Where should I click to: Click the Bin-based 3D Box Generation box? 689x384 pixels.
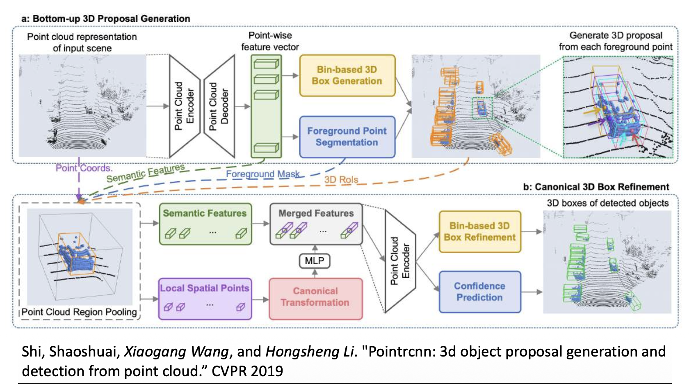pyautogui.click(x=347, y=75)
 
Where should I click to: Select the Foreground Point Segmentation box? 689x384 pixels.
pyautogui.click(x=347, y=137)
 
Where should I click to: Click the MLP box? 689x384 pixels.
pyautogui.click(x=315, y=261)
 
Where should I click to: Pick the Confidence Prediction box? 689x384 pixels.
pyautogui.click(x=479, y=292)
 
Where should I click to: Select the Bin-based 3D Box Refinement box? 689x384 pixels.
pyautogui.click(x=479, y=231)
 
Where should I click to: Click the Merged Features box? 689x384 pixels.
pyautogui.click(x=316, y=224)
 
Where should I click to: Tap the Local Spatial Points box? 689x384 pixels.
pyautogui.click(x=205, y=298)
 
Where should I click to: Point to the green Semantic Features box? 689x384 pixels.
pyautogui.click(x=205, y=224)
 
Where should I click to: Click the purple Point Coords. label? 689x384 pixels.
pyautogui.click(x=84, y=168)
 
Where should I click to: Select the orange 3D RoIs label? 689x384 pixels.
pyautogui.click(x=341, y=180)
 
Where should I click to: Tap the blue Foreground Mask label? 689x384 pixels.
pyautogui.click(x=262, y=174)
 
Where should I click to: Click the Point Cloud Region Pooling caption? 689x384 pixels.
pyautogui.click(x=79, y=312)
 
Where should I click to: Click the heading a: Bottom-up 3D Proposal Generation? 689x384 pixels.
pyautogui.click(x=106, y=18)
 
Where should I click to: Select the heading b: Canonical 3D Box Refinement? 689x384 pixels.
pyautogui.click(x=596, y=187)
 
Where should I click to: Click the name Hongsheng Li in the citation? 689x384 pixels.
pyautogui.click(x=310, y=352)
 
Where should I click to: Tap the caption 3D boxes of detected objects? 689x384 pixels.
pyautogui.click(x=607, y=203)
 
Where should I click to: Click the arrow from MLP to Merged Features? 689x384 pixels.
pyautogui.click(x=315, y=249)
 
